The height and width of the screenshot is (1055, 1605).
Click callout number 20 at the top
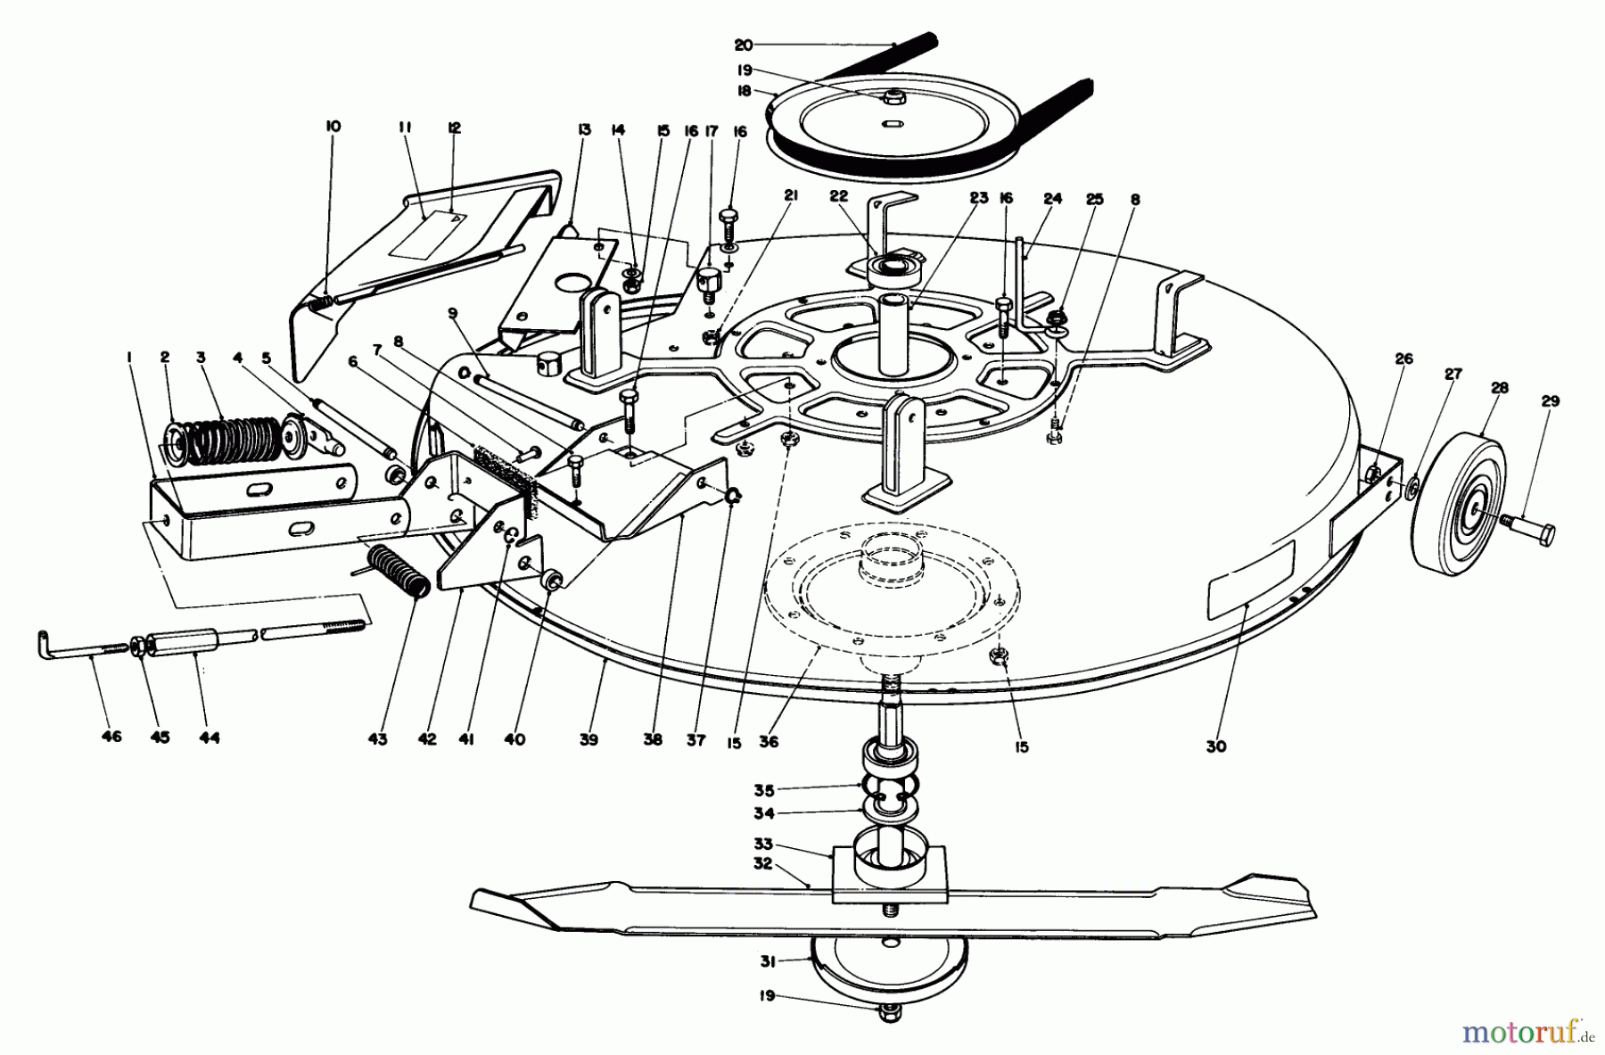745,44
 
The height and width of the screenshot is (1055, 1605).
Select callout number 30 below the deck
1216,746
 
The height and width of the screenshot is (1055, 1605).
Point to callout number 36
769,741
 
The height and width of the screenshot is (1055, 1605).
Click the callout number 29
1551,401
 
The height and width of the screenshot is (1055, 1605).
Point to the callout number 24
1052,200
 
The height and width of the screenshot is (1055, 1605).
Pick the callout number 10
333,127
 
